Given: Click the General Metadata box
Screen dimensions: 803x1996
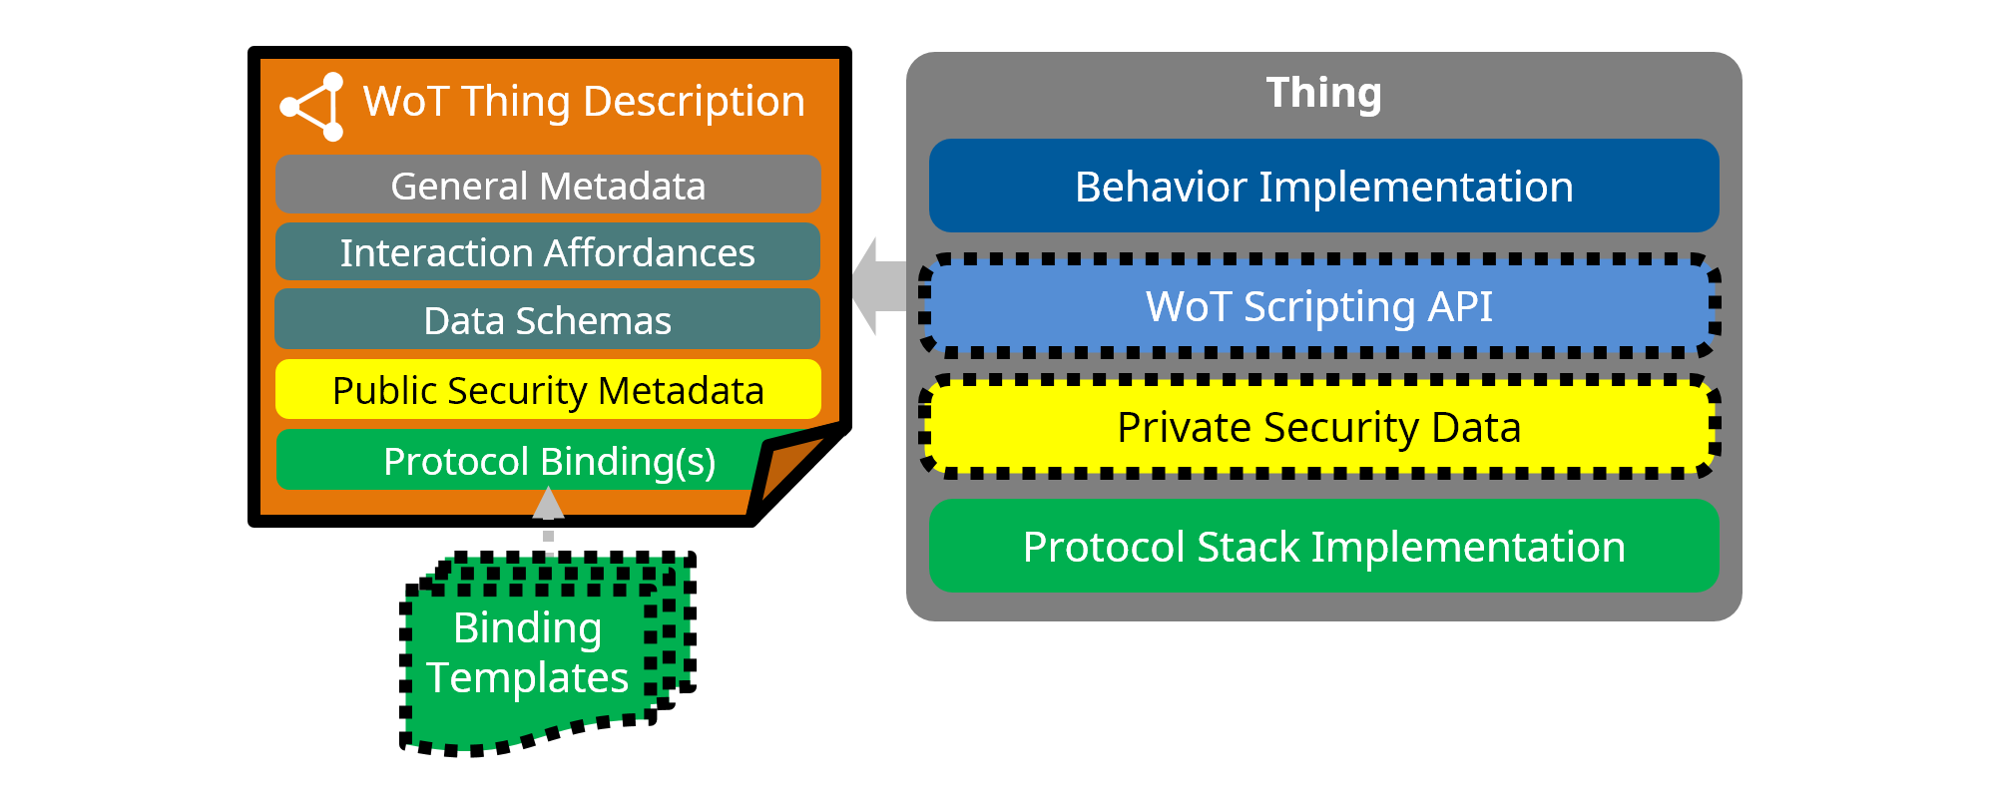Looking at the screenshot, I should (x=548, y=186).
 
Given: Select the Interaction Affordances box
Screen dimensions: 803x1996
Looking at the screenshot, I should (x=548, y=252).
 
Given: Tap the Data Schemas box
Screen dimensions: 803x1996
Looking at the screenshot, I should (x=548, y=320).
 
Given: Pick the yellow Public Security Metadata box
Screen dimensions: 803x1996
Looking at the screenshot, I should (x=548, y=390).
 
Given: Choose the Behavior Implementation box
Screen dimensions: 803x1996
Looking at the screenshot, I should (x=1323, y=187).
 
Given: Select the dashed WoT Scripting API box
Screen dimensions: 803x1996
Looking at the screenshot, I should (x=1318, y=306).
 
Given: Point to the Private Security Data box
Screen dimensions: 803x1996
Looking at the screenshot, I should (x=1318, y=427).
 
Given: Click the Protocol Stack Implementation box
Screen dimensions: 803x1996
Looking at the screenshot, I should (x=1323, y=547).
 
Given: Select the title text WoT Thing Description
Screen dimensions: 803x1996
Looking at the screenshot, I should (x=584, y=101).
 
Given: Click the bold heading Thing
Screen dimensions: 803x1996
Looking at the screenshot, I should (x=1323, y=93).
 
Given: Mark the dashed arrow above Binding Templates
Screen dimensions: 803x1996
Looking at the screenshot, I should (x=548, y=514).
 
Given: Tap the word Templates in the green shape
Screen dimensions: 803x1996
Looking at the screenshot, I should (x=527, y=678).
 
